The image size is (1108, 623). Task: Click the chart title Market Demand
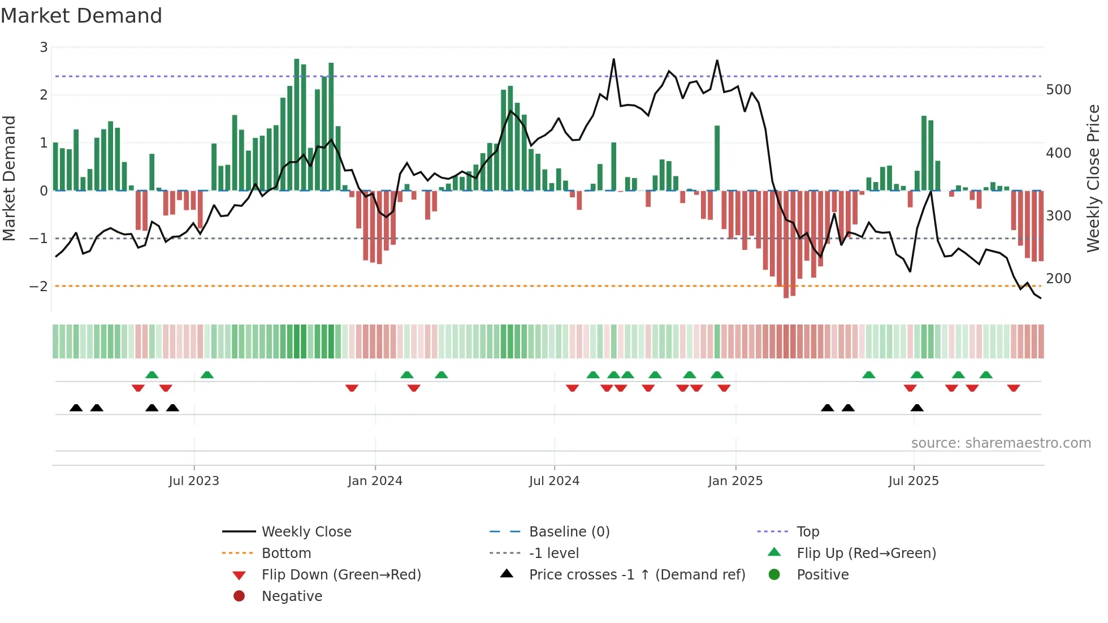coord(81,16)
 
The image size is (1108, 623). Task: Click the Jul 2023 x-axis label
coord(194,481)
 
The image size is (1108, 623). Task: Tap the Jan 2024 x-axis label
coord(375,481)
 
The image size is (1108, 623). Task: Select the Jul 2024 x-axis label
coord(554,481)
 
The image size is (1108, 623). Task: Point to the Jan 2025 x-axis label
coord(735,481)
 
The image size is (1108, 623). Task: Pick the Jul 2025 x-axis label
coord(913,481)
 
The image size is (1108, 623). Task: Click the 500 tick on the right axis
coord(1058,90)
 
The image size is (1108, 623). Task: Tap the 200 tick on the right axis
coord(1058,279)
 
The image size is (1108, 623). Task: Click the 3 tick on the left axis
coord(44,47)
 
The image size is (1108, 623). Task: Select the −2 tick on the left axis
coord(39,287)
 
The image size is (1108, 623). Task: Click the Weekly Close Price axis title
coord(1093,178)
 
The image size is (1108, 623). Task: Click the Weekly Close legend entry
coord(306,532)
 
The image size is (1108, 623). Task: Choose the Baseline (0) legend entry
coord(569,532)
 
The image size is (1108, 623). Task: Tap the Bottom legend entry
coord(286,553)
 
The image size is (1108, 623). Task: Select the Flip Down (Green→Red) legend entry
coord(341,575)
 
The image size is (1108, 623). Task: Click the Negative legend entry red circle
coord(239,596)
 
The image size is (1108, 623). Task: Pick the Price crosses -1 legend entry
coord(637,575)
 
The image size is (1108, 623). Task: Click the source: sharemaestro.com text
coord(1001,443)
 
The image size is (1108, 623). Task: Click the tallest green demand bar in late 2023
coord(297,124)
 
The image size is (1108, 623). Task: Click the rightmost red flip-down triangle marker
coord(1013,388)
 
